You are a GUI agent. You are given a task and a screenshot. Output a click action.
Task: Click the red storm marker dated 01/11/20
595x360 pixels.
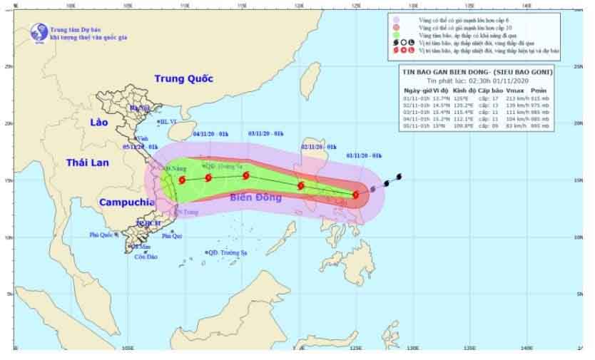[355, 194]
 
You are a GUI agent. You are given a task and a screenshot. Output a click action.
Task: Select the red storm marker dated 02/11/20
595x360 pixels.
[300, 185]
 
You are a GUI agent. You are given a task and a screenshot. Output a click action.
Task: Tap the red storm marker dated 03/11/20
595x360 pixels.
[246, 175]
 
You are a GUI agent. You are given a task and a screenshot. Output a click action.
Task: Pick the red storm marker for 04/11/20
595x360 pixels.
[208, 178]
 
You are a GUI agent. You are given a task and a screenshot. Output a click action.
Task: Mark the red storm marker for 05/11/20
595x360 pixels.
[183, 180]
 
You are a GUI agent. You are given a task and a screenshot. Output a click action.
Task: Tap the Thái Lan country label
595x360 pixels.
[87, 163]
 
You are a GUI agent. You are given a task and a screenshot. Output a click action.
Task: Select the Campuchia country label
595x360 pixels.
[127, 202]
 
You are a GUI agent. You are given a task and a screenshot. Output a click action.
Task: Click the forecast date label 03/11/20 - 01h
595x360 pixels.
[265, 133]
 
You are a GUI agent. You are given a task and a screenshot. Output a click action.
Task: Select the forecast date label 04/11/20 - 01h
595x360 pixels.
[210, 133]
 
